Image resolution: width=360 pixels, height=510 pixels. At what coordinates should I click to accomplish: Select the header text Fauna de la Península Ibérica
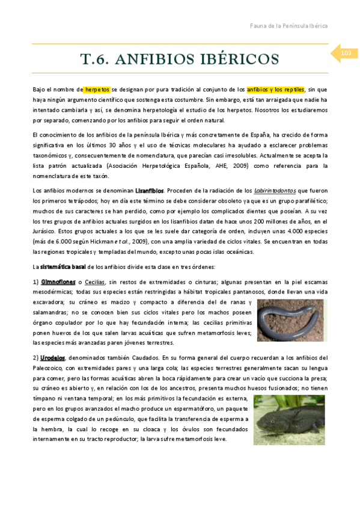288,26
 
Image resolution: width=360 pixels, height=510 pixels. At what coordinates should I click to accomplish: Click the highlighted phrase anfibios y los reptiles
276,89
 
